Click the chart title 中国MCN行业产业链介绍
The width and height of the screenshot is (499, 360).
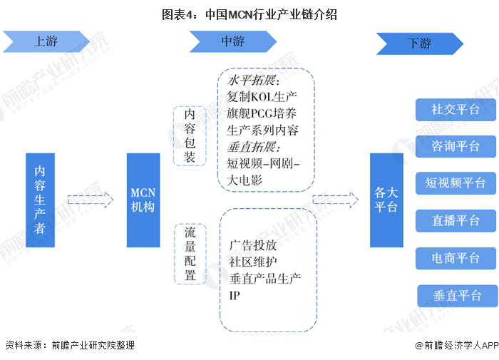(249, 14)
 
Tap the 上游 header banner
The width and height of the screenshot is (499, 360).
(46, 41)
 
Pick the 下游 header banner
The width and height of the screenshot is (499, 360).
(418, 43)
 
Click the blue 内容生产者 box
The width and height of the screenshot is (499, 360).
(41, 200)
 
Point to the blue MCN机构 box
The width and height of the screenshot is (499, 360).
(143, 200)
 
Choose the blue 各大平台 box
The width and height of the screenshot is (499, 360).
(386, 200)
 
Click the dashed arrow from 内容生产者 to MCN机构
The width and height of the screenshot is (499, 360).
(91, 200)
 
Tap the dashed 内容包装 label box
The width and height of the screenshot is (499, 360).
(190, 135)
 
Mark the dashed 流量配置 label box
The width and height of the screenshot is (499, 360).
(190, 254)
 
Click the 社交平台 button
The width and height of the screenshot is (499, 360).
(455, 110)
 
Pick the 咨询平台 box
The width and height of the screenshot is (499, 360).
(455, 146)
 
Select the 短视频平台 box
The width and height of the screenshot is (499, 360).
(455, 182)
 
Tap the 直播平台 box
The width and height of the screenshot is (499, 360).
(455, 220)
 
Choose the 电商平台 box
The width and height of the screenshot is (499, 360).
(455, 257)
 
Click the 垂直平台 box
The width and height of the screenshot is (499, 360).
(456, 295)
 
